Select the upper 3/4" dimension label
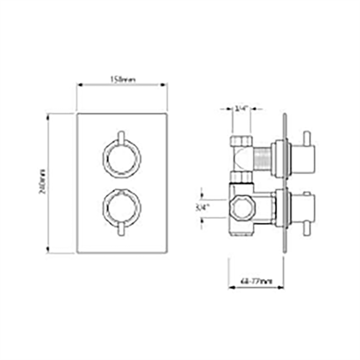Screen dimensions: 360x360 tap(241, 108)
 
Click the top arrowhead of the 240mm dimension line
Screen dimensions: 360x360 tap(48, 115)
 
